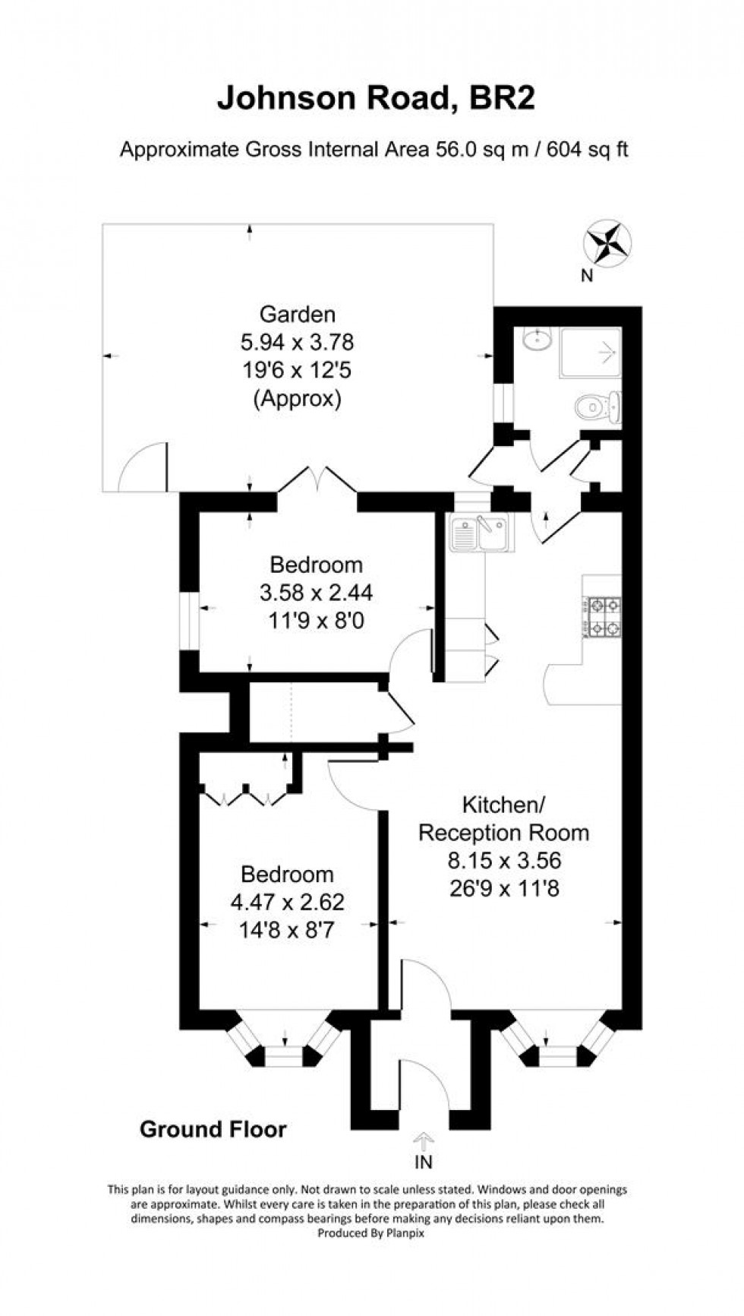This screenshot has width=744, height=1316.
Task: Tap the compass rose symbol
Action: pyautogui.click(x=607, y=245)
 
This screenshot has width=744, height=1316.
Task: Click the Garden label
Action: pyautogui.click(x=297, y=314)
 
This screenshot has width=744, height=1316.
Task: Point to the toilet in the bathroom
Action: pyautogui.click(x=599, y=409)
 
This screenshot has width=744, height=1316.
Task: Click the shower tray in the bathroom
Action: pyautogui.click(x=590, y=353)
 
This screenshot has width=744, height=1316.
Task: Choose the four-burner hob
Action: pyautogui.click(x=603, y=617)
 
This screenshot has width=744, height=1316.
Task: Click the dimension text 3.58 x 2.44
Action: pyautogui.click(x=316, y=593)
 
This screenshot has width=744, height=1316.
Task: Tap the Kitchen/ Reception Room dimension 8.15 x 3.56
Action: pyautogui.click(x=503, y=860)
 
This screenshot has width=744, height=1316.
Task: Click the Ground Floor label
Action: pyautogui.click(x=213, y=1130)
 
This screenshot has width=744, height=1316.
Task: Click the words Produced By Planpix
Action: pyautogui.click(x=371, y=1234)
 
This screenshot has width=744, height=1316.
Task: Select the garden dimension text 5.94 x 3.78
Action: pyautogui.click(x=297, y=343)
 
